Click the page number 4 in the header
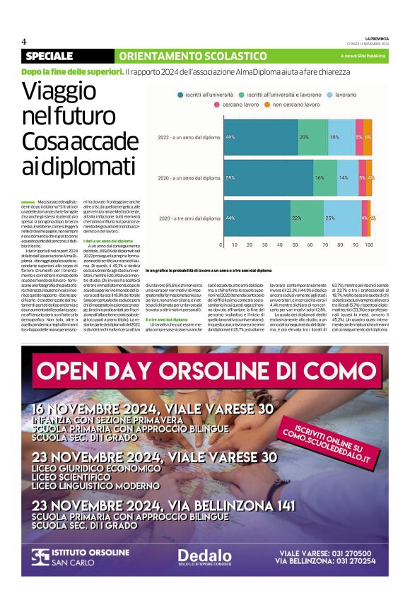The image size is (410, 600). pyautogui.click(x=24, y=40)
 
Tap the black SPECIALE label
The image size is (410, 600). pyautogui.click(x=49, y=56)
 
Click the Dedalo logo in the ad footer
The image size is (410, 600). pyautogui.click(x=204, y=555)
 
